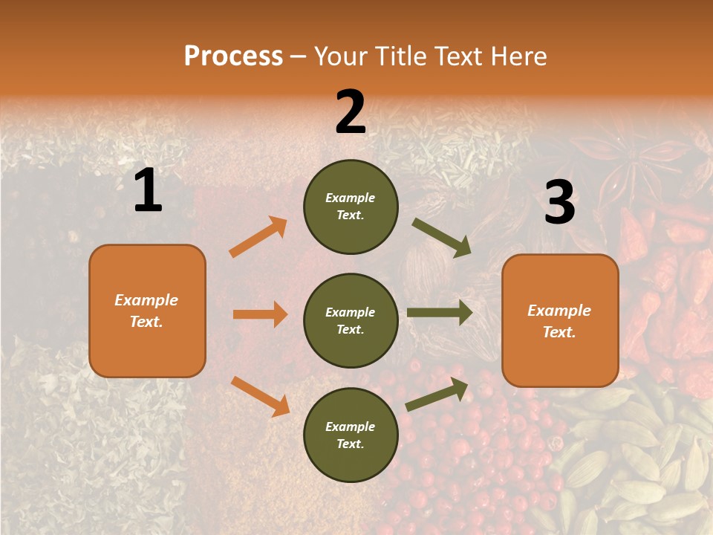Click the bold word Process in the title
233,56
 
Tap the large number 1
148,191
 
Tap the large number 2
351,112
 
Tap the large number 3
559,202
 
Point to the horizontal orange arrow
260,314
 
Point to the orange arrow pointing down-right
261,395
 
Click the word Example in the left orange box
146,300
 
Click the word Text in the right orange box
559,332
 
